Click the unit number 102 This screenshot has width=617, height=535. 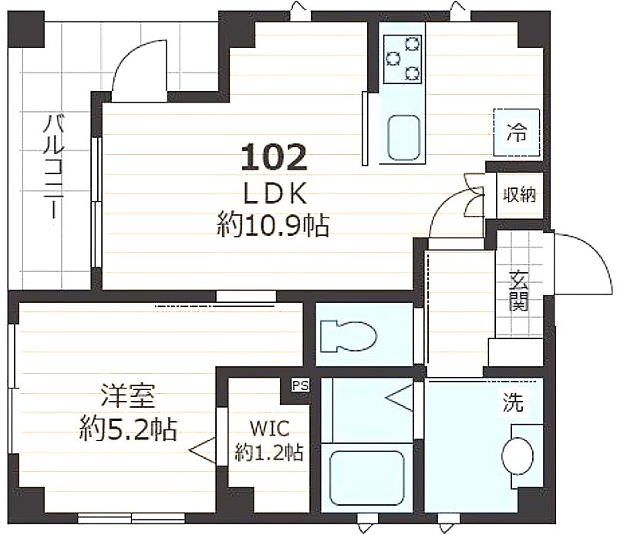click(274, 156)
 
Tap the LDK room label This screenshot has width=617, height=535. click(275, 193)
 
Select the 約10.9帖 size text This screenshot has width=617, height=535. click(273, 225)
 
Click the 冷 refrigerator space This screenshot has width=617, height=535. click(517, 132)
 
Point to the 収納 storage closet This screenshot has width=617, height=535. click(520, 195)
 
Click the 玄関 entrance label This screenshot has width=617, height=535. click(518, 291)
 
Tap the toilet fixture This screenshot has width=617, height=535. click(349, 336)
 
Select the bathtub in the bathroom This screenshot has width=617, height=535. click(367, 477)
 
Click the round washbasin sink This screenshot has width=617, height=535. click(518, 456)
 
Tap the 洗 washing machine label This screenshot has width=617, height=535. click(514, 402)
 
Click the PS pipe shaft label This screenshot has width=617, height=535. click(300, 385)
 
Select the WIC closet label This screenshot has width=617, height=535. click(270, 429)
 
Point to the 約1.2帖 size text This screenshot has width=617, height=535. click(269, 453)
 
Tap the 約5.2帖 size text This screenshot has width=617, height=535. click(128, 429)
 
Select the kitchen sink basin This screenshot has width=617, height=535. click(403, 138)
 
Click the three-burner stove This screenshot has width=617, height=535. click(402, 59)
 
